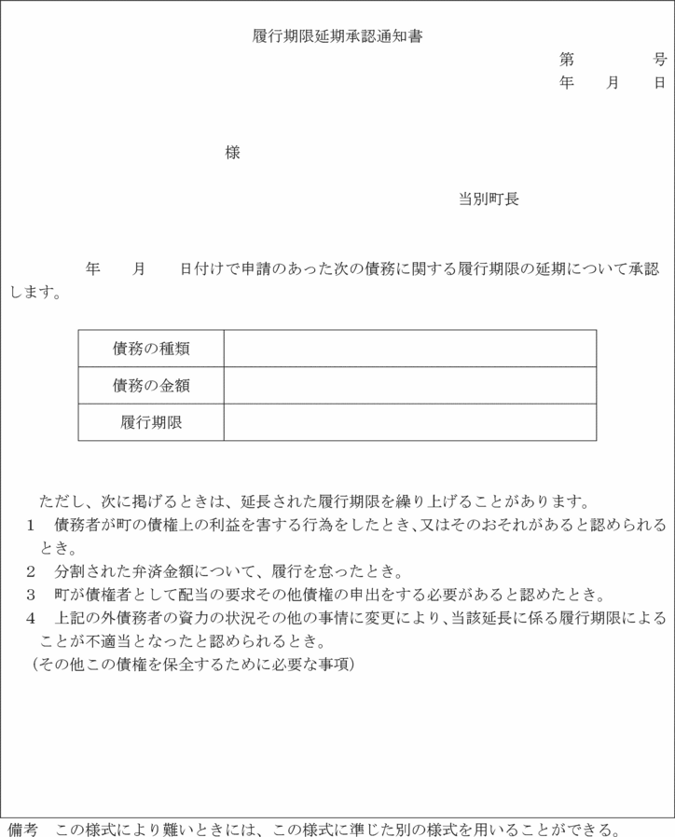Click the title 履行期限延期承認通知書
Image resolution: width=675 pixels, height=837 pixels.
[338, 36]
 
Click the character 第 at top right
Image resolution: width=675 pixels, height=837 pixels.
[567, 60]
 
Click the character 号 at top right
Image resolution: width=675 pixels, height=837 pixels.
[660, 60]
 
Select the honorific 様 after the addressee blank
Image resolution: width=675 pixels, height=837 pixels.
[233, 153]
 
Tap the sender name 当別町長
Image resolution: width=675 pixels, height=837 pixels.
[489, 199]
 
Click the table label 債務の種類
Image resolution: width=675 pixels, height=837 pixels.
[151, 349]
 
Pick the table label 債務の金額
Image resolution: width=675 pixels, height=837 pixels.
[151, 385]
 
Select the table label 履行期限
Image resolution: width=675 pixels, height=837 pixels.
[151, 422]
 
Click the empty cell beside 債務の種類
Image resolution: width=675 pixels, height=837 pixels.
[409, 349]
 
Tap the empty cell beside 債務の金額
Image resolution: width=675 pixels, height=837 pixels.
[409, 385]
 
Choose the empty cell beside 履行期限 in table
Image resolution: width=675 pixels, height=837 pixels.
[409, 422]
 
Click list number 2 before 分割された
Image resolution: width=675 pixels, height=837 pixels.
[31, 570]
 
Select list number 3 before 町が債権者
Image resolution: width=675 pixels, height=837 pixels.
[31, 594]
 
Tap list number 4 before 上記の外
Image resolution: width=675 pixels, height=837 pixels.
[31, 618]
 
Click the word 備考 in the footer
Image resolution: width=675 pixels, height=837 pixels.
[22, 829]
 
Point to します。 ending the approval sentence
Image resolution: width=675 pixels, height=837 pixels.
[36, 292]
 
